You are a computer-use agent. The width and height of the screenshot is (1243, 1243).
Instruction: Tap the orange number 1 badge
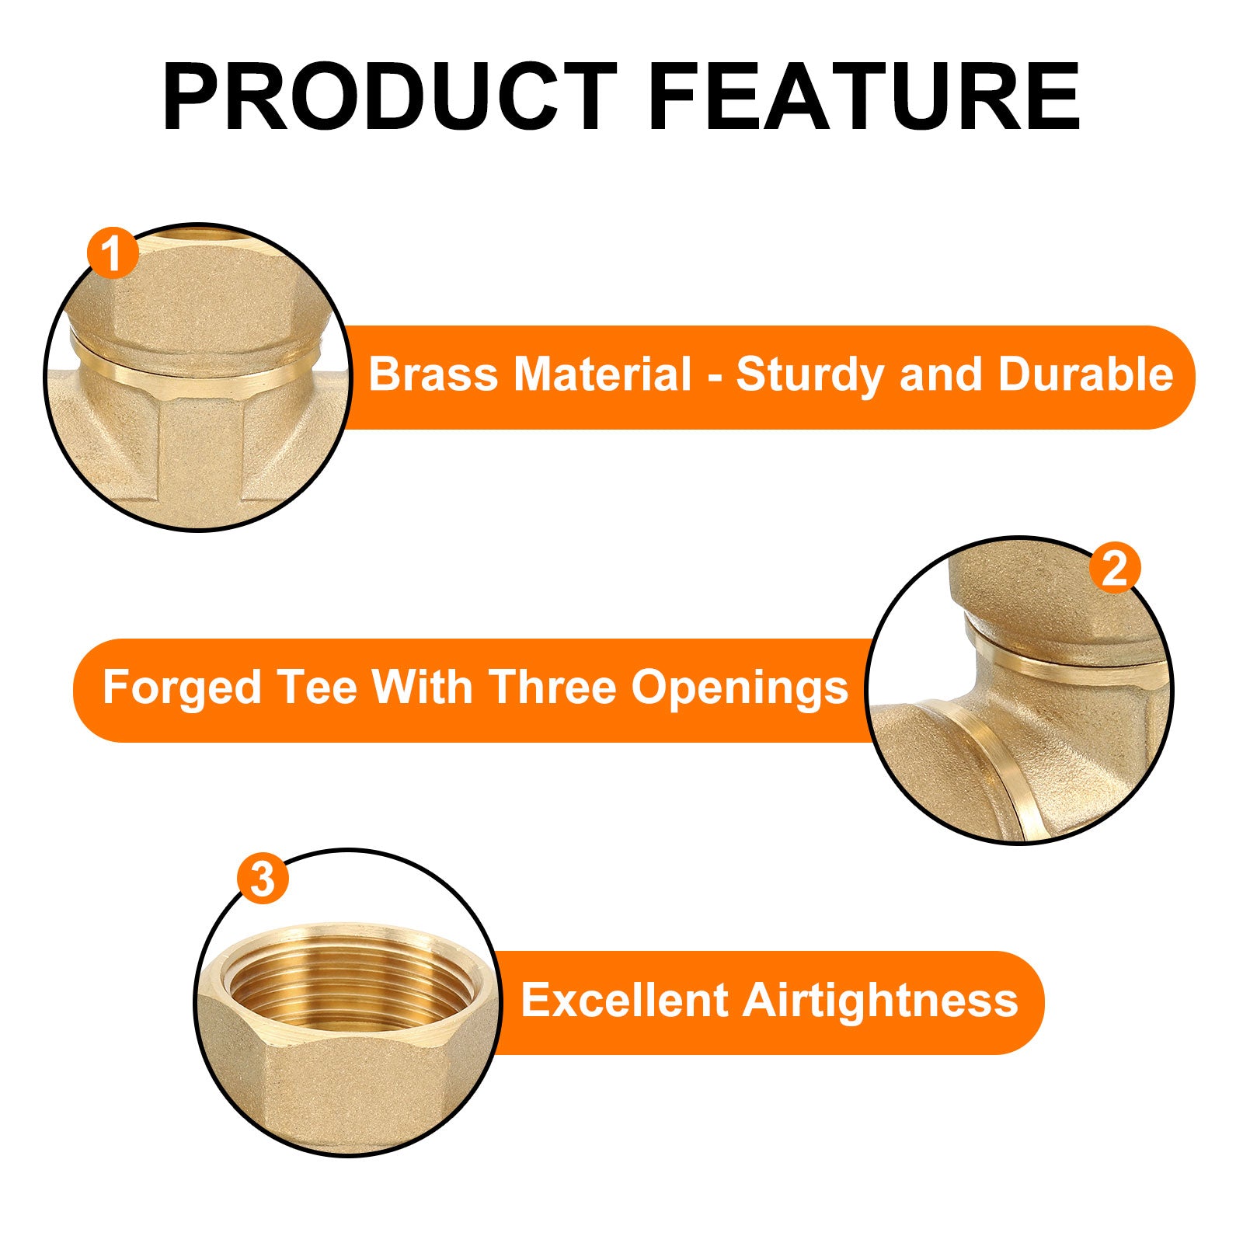(113, 253)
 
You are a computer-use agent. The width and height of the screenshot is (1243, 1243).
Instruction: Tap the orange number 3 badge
(263, 879)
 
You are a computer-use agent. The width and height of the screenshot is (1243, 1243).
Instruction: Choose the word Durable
(1085, 374)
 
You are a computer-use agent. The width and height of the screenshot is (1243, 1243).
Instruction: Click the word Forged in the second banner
(181, 688)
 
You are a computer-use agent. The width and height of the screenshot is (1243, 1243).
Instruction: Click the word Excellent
(624, 1000)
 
